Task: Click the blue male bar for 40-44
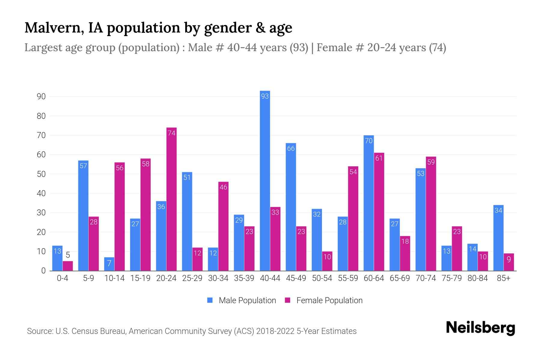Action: pyautogui.click(x=265, y=180)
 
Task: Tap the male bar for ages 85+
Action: pyautogui.click(x=498, y=238)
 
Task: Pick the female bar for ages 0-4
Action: pyautogui.click(x=68, y=266)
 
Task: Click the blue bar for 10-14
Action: pyautogui.click(x=109, y=264)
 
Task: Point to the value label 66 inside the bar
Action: pyautogui.click(x=291, y=148)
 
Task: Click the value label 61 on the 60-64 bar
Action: pyautogui.click(x=379, y=158)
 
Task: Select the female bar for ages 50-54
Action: pyautogui.click(x=327, y=261)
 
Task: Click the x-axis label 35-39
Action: pyautogui.click(x=244, y=278)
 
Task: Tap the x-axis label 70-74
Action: pyautogui.click(x=426, y=278)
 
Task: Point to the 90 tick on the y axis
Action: pyautogui.click(x=41, y=97)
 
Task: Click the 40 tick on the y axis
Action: pyautogui.click(x=41, y=193)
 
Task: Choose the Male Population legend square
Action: pyautogui.click(x=210, y=300)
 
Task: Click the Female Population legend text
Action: pyautogui.click(x=329, y=301)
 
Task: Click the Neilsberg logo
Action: pyautogui.click(x=480, y=328)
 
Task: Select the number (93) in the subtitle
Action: pyautogui.click(x=299, y=48)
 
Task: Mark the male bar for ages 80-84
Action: pyautogui.click(x=472, y=257)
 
